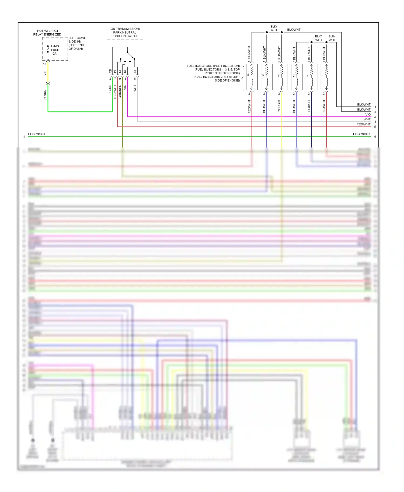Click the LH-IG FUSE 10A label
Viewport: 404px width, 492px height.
click(55, 50)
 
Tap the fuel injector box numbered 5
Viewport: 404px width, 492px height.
click(252, 77)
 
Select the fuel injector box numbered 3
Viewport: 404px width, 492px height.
click(267, 77)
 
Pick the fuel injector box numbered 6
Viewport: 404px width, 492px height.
click(326, 77)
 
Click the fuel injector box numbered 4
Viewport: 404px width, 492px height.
click(311, 77)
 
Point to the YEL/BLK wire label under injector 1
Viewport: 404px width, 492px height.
click(279, 106)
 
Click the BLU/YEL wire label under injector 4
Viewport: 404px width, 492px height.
click(309, 106)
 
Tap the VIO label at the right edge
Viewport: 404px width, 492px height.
click(368, 114)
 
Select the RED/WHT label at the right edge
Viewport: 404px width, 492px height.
click(363, 124)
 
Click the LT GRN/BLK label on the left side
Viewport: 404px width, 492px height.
click(37, 134)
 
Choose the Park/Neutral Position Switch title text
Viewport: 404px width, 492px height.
click(125, 32)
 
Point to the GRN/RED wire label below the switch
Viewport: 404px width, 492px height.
click(120, 92)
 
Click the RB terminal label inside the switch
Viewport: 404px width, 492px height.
click(110, 71)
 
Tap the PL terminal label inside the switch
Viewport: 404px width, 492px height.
click(135, 71)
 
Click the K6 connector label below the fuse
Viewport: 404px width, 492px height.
click(44, 64)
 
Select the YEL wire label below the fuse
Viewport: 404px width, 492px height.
click(45, 72)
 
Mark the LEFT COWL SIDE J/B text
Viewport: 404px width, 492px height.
click(77, 43)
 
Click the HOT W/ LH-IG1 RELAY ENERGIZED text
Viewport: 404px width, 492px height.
click(47, 33)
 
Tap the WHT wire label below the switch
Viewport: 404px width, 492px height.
click(135, 88)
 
